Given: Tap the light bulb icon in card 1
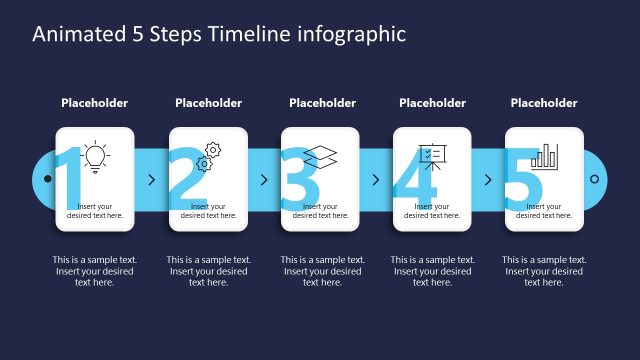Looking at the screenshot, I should click(95, 155).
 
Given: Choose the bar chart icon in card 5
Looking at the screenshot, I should click(545, 156).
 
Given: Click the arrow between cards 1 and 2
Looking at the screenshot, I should click(151, 180).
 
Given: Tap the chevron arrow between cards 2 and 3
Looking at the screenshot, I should click(264, 180).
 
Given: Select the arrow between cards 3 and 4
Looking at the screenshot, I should click(376, 180).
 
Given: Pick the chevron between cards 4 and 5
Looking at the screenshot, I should click(488, 180).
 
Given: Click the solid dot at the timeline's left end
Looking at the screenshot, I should click(46, 180).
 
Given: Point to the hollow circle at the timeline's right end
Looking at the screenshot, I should click(594, 180).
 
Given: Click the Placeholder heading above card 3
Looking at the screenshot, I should click(322, 103).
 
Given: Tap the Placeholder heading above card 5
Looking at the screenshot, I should click(544, 103).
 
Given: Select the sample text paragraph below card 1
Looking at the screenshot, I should click(95, 270).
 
